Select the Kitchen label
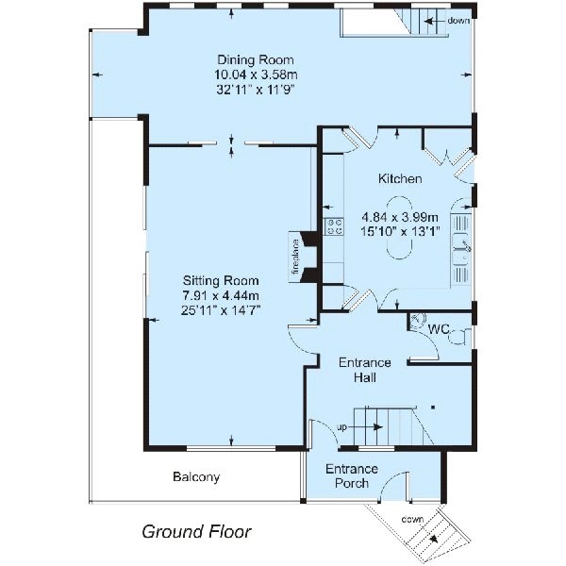point(400,178)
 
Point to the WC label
point(438,330)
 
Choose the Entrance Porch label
point(352,476)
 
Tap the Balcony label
point(196,477)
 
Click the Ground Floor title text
point(196,531)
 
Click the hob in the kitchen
point(333,226)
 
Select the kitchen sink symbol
point(462,247)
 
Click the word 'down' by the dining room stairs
point(459,20)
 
